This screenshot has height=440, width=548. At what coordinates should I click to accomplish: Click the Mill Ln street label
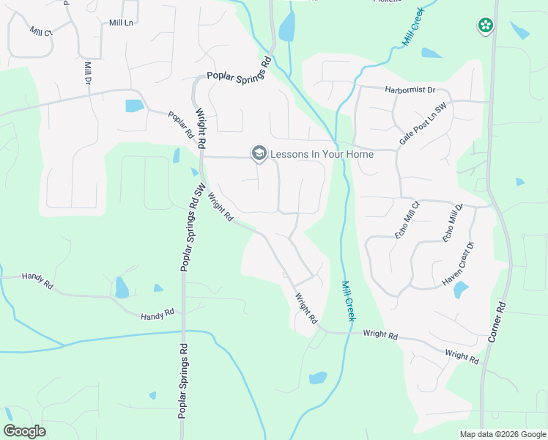pos(121,23)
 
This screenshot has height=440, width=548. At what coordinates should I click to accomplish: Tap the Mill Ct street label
pos(41,32)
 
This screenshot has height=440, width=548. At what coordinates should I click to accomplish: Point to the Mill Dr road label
pos(88,74)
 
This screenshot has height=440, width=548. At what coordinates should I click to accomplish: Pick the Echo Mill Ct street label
pos(406,220)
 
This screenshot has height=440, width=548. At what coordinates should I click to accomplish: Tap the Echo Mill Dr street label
pos(448,224)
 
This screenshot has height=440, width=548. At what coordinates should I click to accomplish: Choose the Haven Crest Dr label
pos(459,264)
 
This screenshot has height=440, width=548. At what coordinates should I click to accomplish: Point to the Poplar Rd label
pos(179,125)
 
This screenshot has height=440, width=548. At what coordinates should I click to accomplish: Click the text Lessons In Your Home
pos(322,154)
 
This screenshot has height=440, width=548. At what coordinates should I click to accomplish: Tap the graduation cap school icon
pos(258,154)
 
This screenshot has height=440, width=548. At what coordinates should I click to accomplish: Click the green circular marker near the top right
pos(485,26)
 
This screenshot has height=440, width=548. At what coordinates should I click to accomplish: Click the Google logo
pos(24,431)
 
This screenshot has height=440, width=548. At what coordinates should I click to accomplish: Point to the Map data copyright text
pos(502,434)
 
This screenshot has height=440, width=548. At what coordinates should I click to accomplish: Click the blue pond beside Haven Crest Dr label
pos(461,290)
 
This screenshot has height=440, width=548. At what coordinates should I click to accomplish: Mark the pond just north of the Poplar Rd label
pos(134,106)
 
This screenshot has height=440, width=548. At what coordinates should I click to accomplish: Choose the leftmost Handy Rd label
pos(38,280)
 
